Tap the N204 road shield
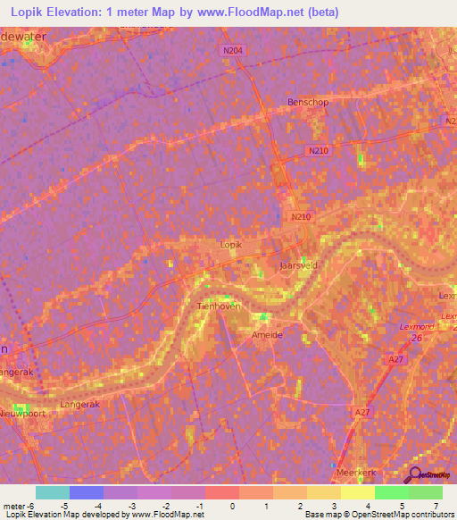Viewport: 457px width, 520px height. [232, 51]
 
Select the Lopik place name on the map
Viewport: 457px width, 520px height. [230, 243]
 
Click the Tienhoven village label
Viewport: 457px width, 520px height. [214, 306]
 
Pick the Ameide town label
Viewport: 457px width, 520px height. [267, 335]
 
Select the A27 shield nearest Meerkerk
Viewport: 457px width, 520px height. [361, 412]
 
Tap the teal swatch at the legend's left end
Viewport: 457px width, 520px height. [53, 492]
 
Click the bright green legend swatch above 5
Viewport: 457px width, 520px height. [391, 492]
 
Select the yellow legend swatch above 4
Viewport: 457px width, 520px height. [357, 492]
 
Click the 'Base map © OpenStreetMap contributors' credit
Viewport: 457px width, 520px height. [378, 515]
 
